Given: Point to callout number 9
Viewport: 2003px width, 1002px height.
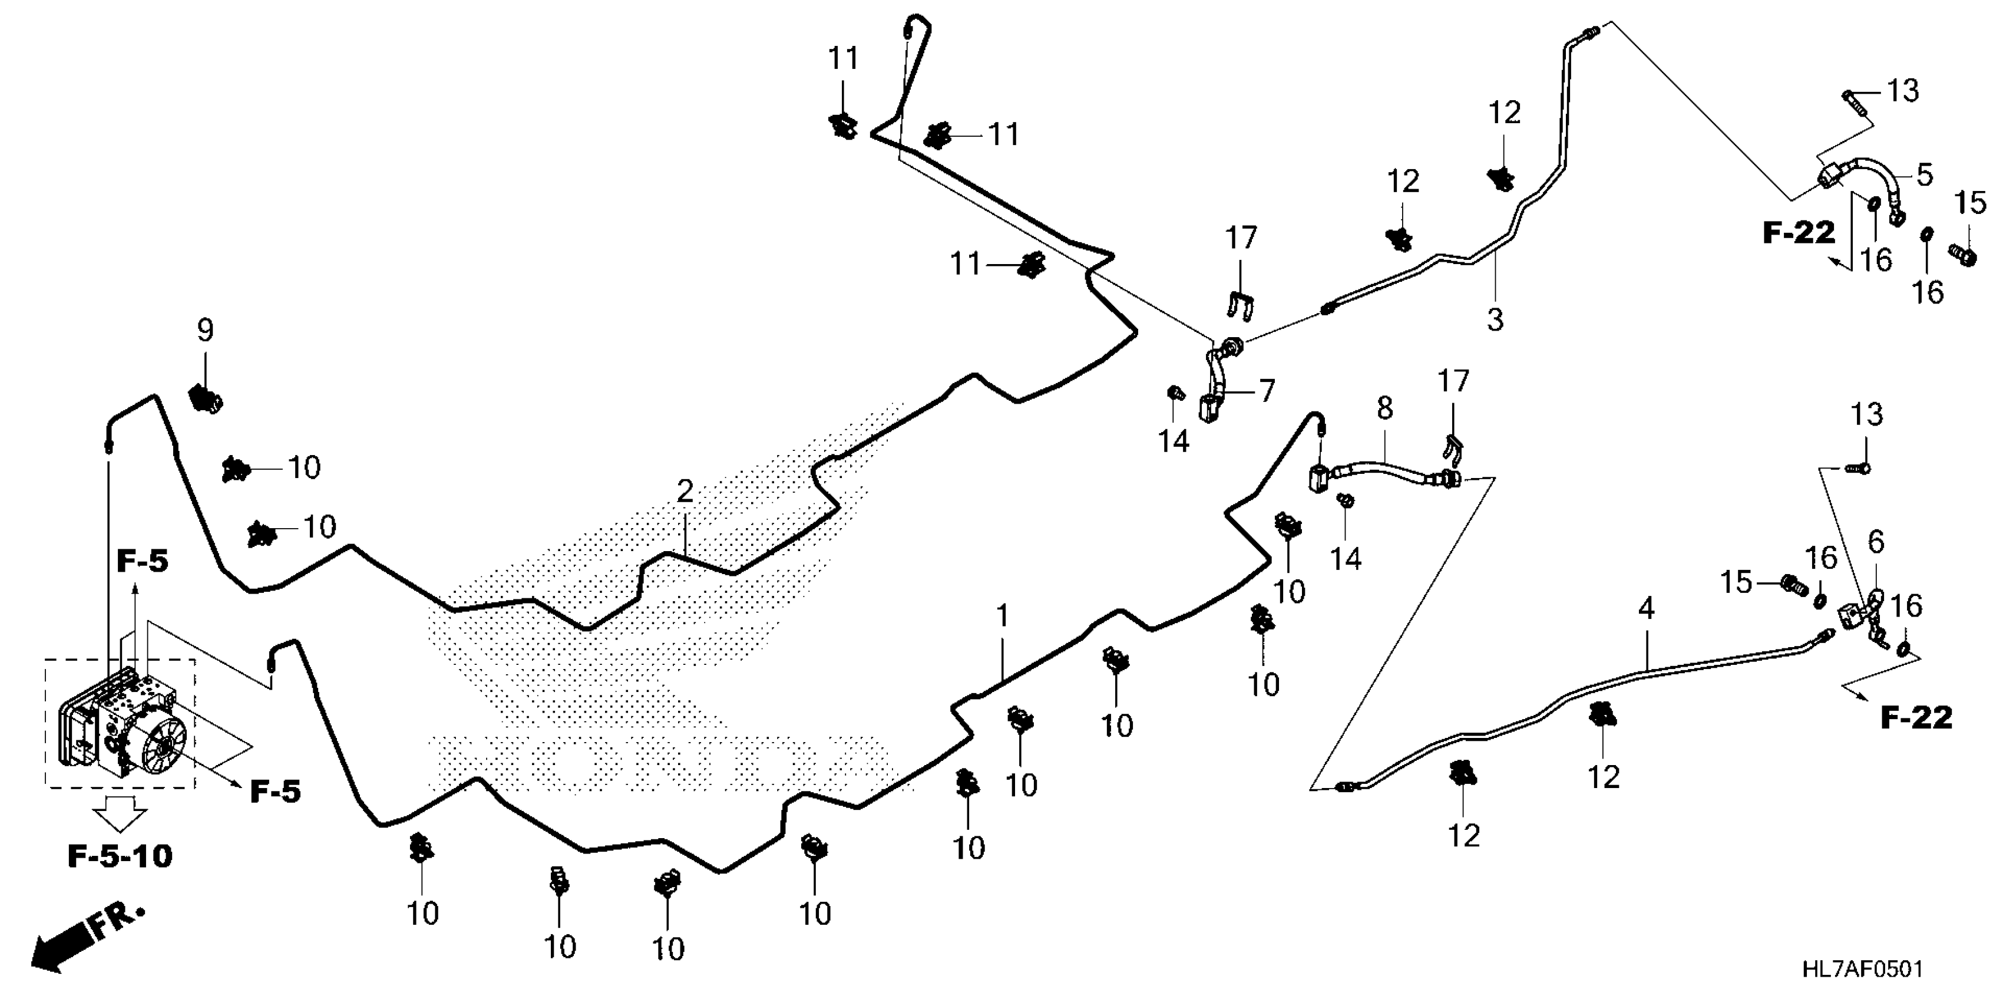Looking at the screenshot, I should click(x=204, y=331).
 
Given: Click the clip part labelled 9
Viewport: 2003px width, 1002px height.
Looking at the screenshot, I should click(x=206, y=399).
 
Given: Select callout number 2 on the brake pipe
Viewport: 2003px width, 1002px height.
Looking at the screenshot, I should click(x=684, y=492).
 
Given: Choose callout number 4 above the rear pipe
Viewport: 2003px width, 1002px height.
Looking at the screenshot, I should click(x=1646, y=609).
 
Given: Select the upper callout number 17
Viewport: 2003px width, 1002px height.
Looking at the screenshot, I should click(x=1241, y=238).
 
